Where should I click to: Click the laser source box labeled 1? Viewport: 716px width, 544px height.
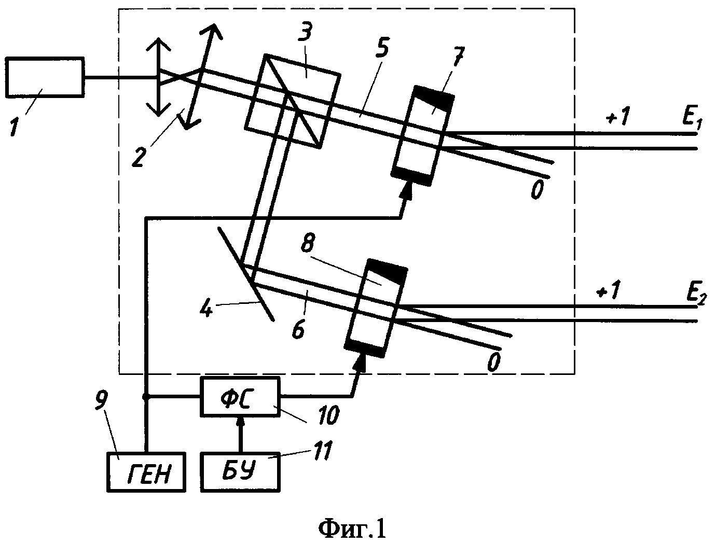(x=45, y=77)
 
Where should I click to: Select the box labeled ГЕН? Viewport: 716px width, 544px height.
(x=146, y=471)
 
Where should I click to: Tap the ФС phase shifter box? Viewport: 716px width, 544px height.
(x=240, y=397)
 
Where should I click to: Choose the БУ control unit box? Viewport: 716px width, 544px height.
(x=240, y=471)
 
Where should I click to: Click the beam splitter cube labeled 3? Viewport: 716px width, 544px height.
(x=293, y=101)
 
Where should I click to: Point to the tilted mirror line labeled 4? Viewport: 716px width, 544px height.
(x=246, y=274)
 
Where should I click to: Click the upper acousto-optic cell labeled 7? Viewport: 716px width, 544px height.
(x=423, y=136)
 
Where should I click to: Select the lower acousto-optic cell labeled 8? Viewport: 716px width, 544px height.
(x=377, y=309)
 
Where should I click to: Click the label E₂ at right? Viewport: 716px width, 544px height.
(x=696, y=293)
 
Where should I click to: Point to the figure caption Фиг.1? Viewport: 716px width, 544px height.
(x=352, y=529)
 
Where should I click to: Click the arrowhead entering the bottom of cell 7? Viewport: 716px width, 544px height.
(x=405, y=190)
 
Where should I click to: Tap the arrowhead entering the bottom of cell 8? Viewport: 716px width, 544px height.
(x=360, y=363)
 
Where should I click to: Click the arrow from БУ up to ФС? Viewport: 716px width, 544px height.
(x=240, y=434)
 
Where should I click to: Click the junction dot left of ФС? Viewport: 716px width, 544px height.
(x=146, y=397)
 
